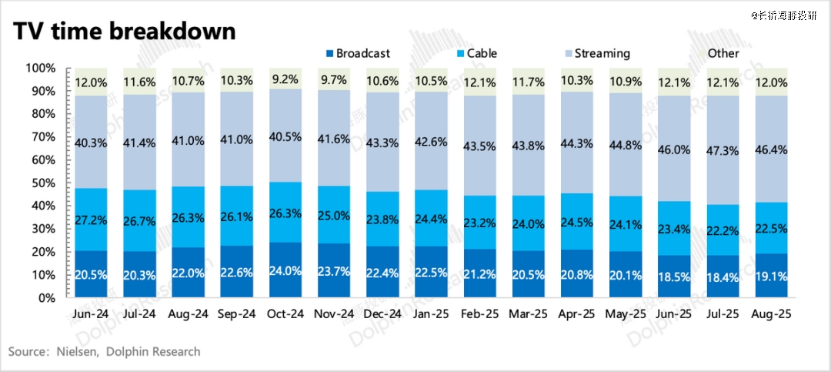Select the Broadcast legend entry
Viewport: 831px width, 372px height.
(356, 53)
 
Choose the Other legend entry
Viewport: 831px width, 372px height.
(723, 53)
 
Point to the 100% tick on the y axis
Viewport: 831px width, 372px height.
(41, 69)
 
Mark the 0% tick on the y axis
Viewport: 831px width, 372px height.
(46, 298)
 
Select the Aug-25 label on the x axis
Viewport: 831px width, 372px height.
(772, 314)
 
